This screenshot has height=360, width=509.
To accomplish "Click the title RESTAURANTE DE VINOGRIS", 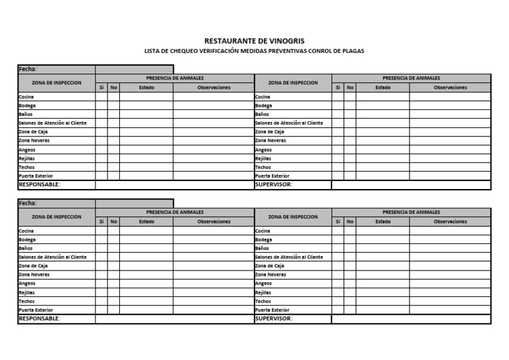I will point(254,40).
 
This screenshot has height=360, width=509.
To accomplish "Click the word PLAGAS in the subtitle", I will point(353,51).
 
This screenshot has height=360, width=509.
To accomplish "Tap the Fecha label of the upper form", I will point(28,69).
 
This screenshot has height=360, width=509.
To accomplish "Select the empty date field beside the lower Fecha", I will point(134,204).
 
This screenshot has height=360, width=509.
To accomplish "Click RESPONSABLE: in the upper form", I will point(39,185).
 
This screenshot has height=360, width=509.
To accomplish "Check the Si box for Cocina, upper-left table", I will point(101,97).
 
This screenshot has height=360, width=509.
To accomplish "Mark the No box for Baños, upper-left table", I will point(113,114).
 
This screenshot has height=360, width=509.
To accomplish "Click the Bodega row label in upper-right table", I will point(264,105).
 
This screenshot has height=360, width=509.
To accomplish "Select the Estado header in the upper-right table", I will point(382,88).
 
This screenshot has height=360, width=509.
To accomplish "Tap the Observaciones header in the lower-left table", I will point(213,221).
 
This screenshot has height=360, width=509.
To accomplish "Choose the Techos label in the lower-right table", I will point(263,301).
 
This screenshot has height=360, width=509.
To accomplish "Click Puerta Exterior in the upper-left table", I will point(36,176).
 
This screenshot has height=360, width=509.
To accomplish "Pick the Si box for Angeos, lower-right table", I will point(337,283).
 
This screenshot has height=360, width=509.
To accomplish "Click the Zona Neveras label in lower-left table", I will point(34,274).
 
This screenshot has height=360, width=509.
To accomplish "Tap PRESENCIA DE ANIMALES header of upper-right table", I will point(411,78).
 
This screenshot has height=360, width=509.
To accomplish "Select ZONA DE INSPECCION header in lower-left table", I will point(56,217).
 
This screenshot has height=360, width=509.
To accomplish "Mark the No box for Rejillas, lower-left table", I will point(113,292).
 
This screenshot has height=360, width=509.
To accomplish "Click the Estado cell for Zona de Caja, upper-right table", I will point(382,132).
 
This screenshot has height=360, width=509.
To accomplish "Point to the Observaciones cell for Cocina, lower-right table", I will point(450,231).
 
